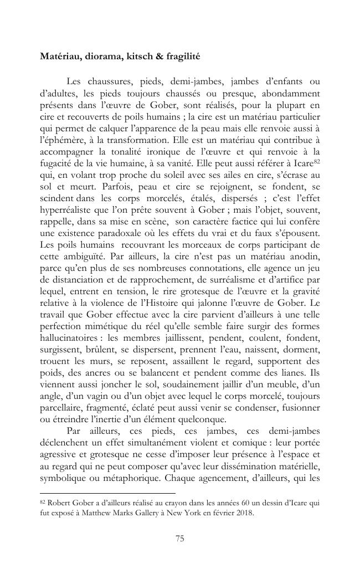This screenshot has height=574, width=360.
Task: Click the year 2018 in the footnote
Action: (x=243, y=512)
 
